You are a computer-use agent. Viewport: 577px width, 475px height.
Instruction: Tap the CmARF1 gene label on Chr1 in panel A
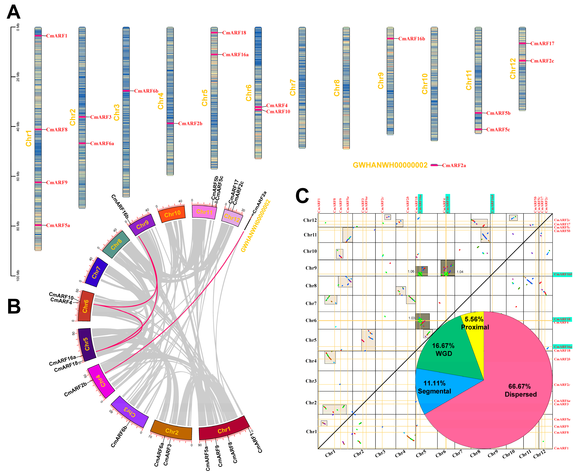(x=57, y=36)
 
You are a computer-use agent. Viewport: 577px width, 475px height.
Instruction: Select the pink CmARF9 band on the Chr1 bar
(x=38, y=182)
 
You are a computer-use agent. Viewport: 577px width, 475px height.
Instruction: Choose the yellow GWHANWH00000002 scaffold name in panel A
(x=390, y=165)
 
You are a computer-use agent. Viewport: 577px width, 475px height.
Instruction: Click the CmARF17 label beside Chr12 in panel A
(x=542, y=44)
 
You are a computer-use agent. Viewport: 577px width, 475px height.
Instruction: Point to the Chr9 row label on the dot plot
(x=311, y=268)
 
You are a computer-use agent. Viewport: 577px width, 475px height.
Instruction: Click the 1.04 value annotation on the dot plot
(x=460, y=272)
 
